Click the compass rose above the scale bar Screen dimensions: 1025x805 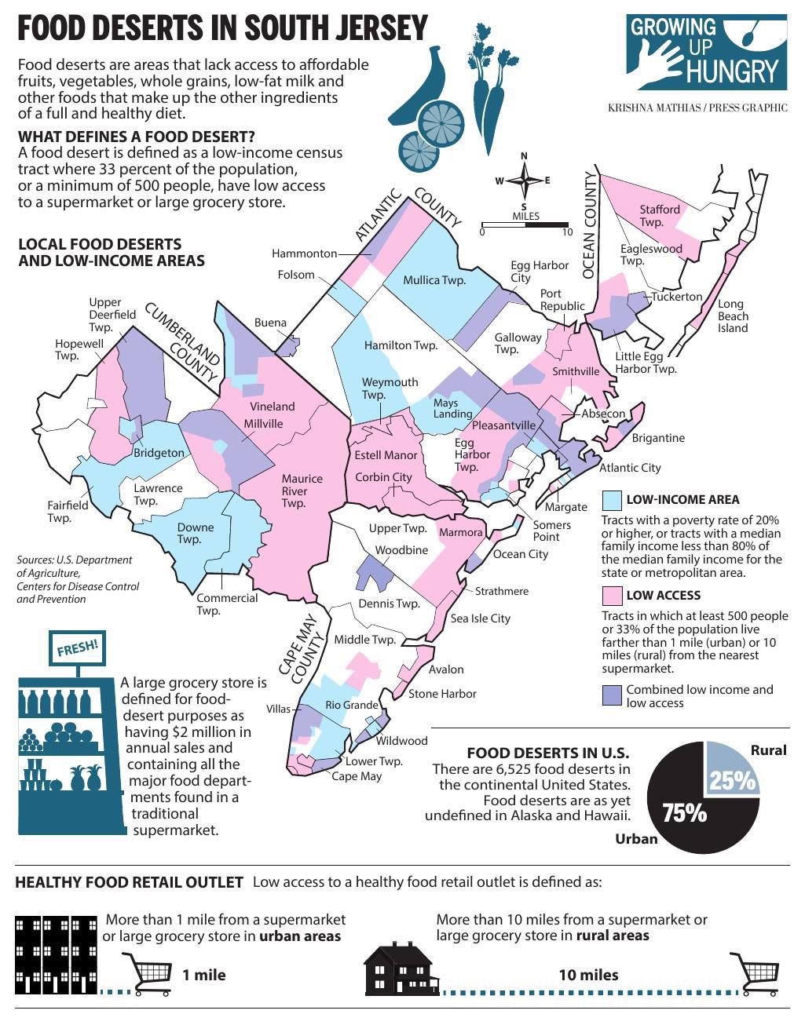click(x=524, y=181)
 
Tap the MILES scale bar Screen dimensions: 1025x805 click(x=525, y=225)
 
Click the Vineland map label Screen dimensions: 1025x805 click(x=273, y=407)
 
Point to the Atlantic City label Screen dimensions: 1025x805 click(x=630, y=468)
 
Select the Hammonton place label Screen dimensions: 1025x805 click(x=304, y=254)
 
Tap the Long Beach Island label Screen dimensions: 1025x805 click(x=733, y=316)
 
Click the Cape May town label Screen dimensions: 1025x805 click(x=357, y=776)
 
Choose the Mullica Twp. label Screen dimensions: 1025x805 click(x=434, y=280)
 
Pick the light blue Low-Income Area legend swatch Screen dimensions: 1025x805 click(x=612, y=500)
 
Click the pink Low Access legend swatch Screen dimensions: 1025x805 click(x=612, y=595)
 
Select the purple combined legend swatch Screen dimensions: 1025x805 click(x=612, y=695)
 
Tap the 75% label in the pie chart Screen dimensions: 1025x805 click(x=684, y=813)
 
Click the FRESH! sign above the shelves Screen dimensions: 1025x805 click(x=78, y=648)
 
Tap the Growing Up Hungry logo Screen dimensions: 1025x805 click(x=707, y=52)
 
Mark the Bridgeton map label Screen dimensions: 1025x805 click(x=159, y=453)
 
